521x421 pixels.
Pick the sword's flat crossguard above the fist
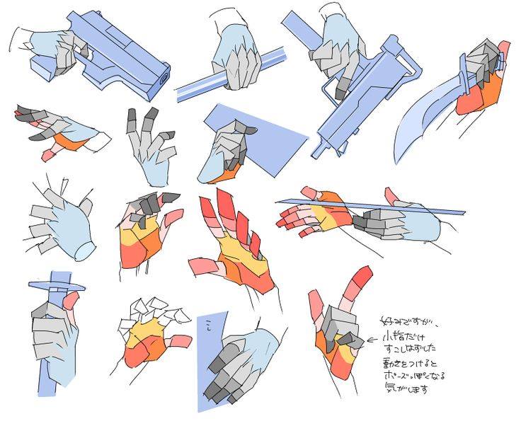[x=57, y=286]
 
